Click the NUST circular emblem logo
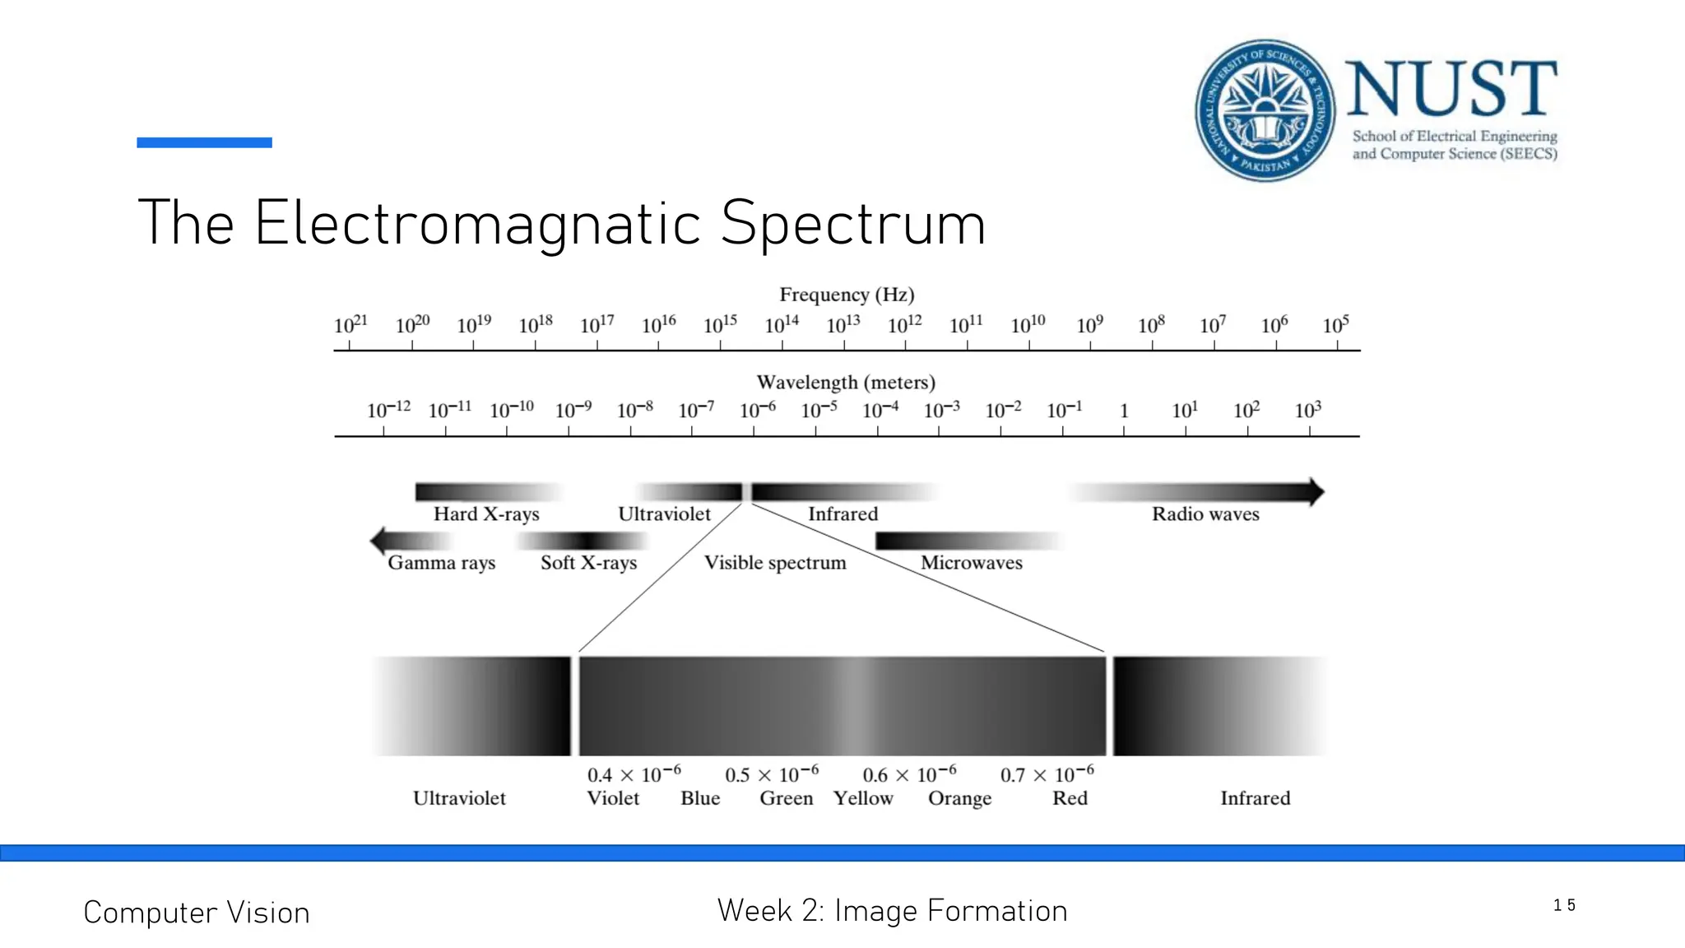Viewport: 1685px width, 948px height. click(x=1265, y=110)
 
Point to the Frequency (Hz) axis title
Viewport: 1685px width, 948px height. click(x=847, y=295)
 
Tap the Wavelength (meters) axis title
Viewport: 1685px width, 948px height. click(x=846, y=383)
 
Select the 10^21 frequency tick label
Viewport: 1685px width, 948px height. click(x=350, y=325)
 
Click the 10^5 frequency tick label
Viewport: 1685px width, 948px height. click(x=1335, y=325)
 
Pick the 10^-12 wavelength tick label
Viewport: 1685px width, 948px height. click(x=388, y=410)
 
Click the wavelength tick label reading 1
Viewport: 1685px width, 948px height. click(x=1124, y=411)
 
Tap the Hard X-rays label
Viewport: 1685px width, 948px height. click(x=486, y=514)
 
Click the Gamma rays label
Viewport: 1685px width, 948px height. click(x=441, y=563)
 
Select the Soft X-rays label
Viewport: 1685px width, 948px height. click(x=588, y=563)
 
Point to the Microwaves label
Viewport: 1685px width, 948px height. click(x=972, y=563)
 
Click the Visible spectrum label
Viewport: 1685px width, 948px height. click(x=775, y=563)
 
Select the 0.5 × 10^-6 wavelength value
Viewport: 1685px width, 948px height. click(x=772, y=775)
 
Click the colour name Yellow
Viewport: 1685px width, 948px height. click(x=863, y=798)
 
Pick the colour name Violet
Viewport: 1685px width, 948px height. click(x=613, y=798)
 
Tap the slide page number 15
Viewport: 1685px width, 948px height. click(x=1564, y=905)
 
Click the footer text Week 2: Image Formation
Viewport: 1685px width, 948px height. click(x=892, y=911)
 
